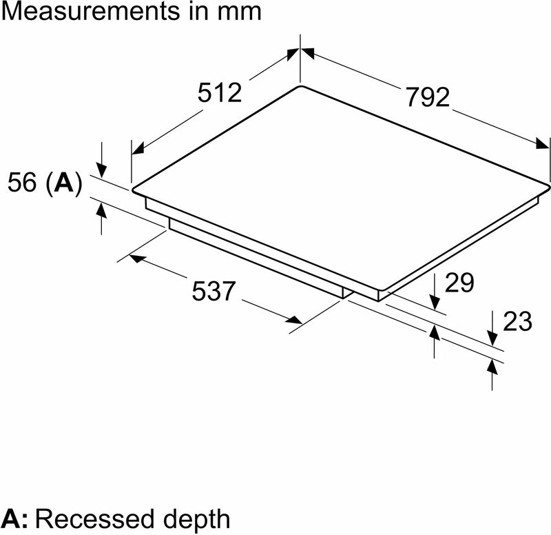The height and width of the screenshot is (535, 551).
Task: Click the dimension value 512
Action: coord(220,92)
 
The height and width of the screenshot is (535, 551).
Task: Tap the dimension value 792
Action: coord(426,97)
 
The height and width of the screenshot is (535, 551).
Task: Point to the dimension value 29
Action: coord(459,283)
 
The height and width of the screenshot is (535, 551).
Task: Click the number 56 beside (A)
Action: coord(23,183)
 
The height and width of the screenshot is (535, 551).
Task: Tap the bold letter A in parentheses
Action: coord(63,183)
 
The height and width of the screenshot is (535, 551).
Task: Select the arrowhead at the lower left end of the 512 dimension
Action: coord(136,148)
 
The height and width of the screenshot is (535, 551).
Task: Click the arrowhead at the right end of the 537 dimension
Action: coord(295,320)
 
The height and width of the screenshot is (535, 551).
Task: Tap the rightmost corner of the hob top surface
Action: coord(549,184)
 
